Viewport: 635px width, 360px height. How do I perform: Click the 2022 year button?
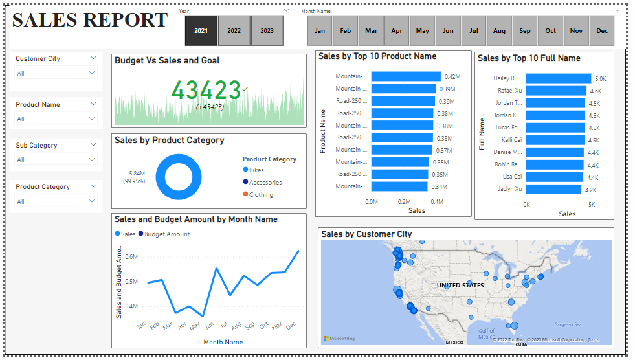click(234, 31)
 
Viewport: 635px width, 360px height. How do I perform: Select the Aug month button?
click(499, 31)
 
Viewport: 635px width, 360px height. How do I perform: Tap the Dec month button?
click(602, 31)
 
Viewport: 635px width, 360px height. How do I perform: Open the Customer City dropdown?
click(56, 73)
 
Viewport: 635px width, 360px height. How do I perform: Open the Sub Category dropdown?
click(56, 159)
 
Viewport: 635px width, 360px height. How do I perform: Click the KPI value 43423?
click(206, 90)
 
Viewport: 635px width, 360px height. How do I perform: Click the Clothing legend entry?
click(261, 194)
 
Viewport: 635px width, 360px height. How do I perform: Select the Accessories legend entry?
click(265, 182)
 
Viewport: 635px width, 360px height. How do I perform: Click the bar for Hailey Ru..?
click(558, 78)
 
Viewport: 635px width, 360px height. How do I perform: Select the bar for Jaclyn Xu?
click(553, 189)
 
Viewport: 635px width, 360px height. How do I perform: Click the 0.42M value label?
click(452, 77)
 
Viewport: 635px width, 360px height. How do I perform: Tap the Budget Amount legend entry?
click(166, 234)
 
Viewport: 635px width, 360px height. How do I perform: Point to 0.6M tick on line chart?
click(131, 256)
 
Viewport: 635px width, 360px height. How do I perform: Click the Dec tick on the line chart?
click(291, 325)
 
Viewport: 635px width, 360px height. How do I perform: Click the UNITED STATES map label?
click(460, 285)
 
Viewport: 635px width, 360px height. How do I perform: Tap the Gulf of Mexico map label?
click(486, 334)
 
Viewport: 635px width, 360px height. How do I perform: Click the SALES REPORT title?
click(90, 20)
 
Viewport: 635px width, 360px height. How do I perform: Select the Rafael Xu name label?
click(509, 91)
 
